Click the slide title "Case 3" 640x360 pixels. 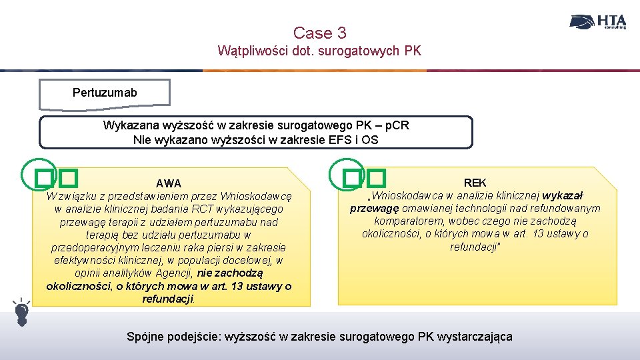319,33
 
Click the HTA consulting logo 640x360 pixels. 598,22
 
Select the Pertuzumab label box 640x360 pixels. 105,93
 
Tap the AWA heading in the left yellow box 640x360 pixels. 169,183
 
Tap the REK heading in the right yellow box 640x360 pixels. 475,183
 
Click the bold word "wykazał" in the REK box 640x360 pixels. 563,196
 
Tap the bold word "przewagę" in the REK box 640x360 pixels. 371,209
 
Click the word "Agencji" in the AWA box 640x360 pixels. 173,273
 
